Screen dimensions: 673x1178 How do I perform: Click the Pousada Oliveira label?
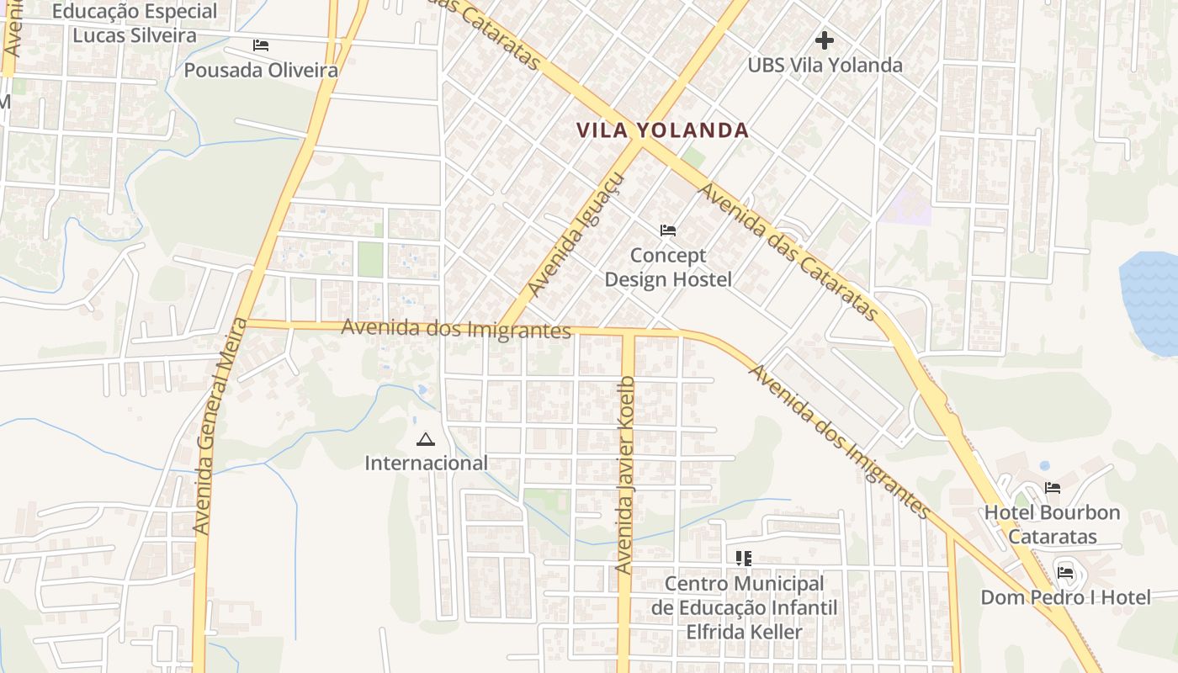coord(261,70)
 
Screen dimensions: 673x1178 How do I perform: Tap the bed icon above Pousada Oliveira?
coord(261,45)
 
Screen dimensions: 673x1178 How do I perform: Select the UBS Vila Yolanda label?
coord(825,65)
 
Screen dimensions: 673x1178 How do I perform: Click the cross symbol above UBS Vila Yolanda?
coord(825,40)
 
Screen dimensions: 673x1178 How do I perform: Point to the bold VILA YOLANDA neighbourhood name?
coord(662,130)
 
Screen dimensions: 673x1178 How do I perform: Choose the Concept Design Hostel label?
coord(669,267)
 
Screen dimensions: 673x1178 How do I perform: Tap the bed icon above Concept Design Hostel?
coord(668,230)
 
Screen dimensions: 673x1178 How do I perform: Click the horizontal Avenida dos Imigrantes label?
coord(456,328)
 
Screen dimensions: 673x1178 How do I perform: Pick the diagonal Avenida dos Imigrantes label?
coord(840,442)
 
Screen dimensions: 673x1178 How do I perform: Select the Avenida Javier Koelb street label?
coord(624,475)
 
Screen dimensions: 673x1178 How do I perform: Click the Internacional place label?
coord(426,463)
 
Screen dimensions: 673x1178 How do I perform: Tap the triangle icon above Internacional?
coord(426,438)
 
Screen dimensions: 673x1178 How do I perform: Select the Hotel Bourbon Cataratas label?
coord(1053,524)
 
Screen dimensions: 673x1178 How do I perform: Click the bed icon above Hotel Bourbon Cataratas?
coord(1052,487)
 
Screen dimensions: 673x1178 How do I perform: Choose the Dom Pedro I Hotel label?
coord(1065,597)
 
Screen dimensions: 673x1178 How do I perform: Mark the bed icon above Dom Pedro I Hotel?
coord(1065,573)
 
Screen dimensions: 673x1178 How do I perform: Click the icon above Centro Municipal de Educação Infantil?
coord(743,558)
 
